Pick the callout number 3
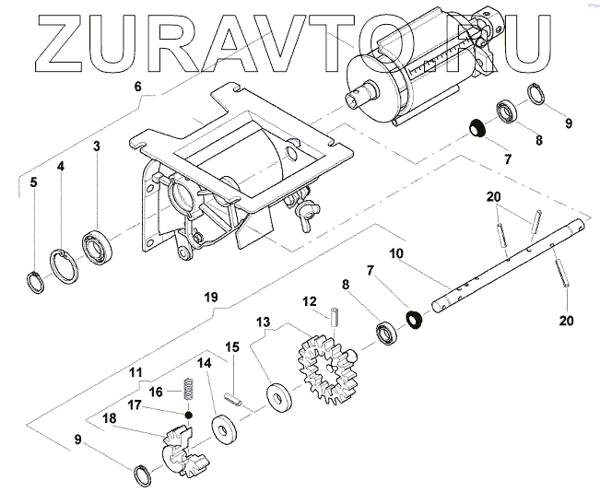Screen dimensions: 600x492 coord(95,146)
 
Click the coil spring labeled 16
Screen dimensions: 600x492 coord(188,392)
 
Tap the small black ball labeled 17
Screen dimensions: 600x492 coord(189,414)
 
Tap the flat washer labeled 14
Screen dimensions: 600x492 coord(221,428)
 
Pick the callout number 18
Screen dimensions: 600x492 coord(110,417)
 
